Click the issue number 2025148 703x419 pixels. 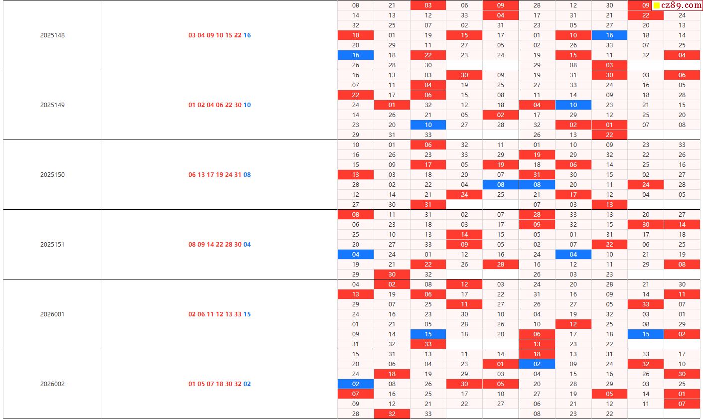[x=52, y=35]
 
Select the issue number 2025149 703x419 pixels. [x=52, y=105]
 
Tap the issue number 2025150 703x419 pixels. [x=52, y=175]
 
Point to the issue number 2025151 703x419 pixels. [x=52, y=245]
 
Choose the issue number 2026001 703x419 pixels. [x=52, y=314]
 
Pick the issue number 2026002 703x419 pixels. [x=52, y=384]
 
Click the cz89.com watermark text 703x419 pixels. [x=681, y=5]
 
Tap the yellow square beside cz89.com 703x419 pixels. [x=657, y=6]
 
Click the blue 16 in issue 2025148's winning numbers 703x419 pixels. [x=247, y=35]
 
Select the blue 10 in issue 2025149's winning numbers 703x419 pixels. [x=247, y=105]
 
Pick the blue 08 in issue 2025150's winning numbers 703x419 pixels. [x=247, y=175]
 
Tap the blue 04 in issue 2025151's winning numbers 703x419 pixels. [x=247, y=245]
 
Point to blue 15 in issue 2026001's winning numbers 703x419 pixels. [x=247, y=314]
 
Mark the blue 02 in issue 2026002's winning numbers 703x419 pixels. [x=247, y=384]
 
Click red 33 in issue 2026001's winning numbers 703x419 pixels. [x=238, y=314]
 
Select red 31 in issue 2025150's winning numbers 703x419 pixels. [x=238, y=175]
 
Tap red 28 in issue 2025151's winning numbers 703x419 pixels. [x=229, y=245]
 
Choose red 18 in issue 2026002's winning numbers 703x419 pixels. [x=220, y=384]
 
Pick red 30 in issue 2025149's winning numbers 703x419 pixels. [x=238, y=105]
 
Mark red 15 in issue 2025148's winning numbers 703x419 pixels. [x=229, y=35]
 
